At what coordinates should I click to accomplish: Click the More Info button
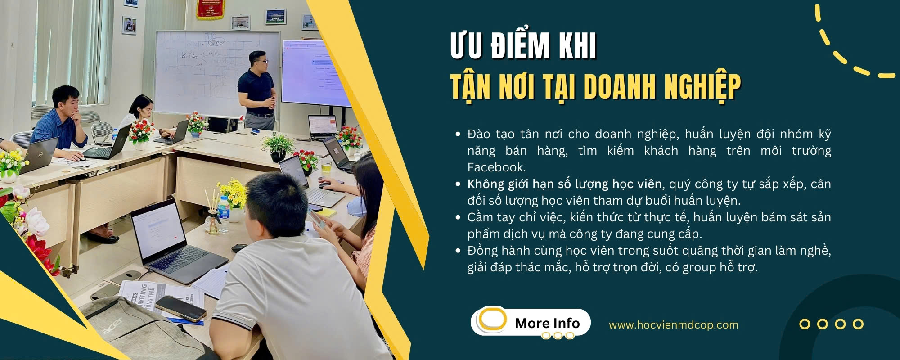pyautogui.click(x=531, y=322)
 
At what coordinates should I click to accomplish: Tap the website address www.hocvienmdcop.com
pyautogui.click(x=674, y=325)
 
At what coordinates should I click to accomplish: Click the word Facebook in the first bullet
pyautogui.click(x=496, y=167)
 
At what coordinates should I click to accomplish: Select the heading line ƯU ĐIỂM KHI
pyautogui.click(x=523, y=46)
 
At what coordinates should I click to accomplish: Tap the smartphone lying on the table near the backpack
pyautogui.click(x=180, y=308)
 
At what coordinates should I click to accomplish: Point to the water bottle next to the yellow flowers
pyautogui.click(x=224, y=214)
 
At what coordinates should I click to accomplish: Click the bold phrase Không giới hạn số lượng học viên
pyautogui.click(x=564, y=184)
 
